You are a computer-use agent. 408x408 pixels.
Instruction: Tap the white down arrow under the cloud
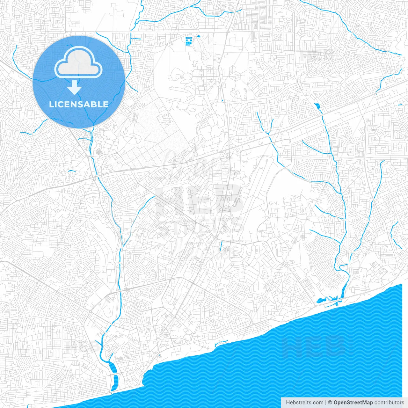[75, 88]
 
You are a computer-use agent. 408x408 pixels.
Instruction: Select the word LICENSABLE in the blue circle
[79, 104]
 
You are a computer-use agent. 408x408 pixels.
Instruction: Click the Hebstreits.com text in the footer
[304, 403]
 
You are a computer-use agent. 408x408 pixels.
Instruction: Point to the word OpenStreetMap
[353, 403]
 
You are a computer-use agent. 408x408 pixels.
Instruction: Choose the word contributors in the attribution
[389, 403]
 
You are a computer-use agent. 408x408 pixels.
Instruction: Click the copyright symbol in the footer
[330, 403]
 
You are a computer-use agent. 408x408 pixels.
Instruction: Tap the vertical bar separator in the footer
[325, 403]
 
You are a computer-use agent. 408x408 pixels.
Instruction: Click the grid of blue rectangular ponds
[189, 41]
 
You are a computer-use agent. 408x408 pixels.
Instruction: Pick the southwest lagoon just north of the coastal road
[113, 367]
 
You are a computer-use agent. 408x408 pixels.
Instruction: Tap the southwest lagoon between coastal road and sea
[115, 380]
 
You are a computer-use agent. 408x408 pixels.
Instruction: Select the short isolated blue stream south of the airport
[221, 246]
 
